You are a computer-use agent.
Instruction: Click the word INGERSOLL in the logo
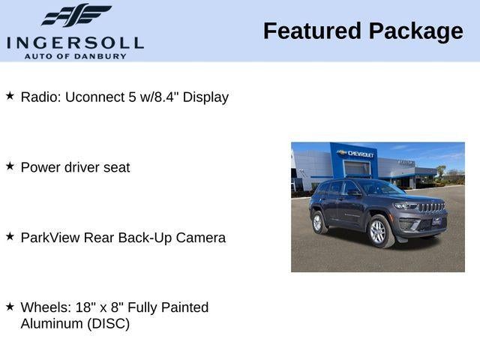coord(74,42)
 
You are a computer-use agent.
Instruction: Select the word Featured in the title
coord(312,31)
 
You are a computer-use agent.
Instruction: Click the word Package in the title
coord(415,31)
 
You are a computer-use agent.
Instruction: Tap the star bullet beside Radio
coord(10,96)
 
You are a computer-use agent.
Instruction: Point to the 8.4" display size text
coord(165,97)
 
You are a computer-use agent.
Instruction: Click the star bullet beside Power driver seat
coord(10,166)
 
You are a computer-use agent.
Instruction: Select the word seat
coord(115,167)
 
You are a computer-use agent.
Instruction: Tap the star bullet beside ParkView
coord(10,236)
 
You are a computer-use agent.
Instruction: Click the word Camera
coord(200,238)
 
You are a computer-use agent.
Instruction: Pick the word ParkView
coord(51,238)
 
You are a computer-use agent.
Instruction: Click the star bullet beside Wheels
coord(10,306)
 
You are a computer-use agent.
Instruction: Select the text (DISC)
coord(106,324)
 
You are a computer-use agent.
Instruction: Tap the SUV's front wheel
coord(378,232)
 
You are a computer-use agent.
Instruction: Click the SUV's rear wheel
coord(319,222)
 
